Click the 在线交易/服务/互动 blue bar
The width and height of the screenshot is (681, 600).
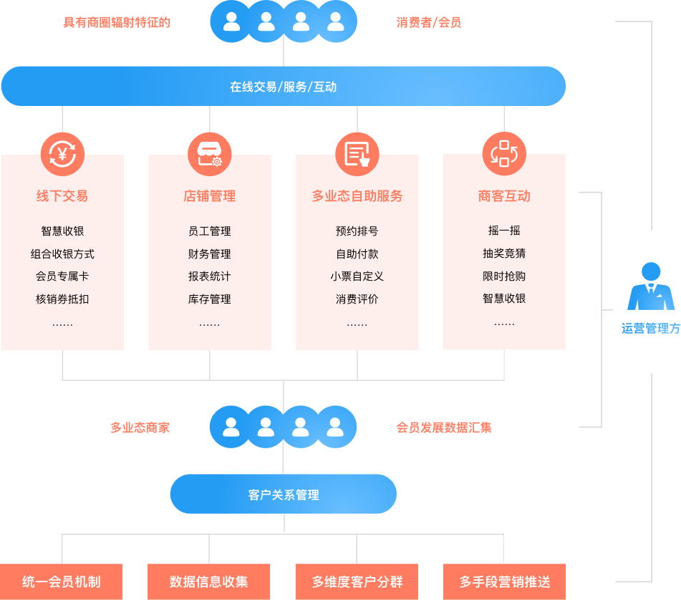tap(283, 87)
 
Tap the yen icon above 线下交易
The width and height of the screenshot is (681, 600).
tap(62, 154)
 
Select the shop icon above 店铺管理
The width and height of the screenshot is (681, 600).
tap(210, 154)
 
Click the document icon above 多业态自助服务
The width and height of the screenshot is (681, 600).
tap(357, 154)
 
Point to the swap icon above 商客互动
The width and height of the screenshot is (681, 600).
tap(504, 154)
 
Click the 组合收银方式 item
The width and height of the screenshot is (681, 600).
tap(62, 254)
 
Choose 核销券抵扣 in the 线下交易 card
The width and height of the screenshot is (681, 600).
tap(62, 299)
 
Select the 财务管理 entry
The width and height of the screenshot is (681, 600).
tap(210, 254)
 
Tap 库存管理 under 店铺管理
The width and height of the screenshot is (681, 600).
tap(210, 299)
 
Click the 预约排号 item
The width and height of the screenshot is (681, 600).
tap(357, 231)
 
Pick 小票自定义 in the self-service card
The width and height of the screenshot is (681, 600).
tap(357, 276)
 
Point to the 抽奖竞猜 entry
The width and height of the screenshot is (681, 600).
tap(504, 253)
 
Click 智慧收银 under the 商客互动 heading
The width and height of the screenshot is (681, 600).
tap(504, 299)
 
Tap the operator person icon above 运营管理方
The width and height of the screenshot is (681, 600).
tap(651, 286)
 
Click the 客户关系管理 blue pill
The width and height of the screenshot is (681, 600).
tap(283, 494)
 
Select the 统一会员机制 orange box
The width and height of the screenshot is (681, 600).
tap(62, 581)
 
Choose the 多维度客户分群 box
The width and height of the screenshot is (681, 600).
tap(357, 581)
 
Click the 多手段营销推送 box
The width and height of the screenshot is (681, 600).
tap(504, 581)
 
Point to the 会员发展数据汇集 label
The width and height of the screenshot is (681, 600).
tap(444, 428)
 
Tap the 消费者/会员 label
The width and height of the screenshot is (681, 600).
tap(429, 22)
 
